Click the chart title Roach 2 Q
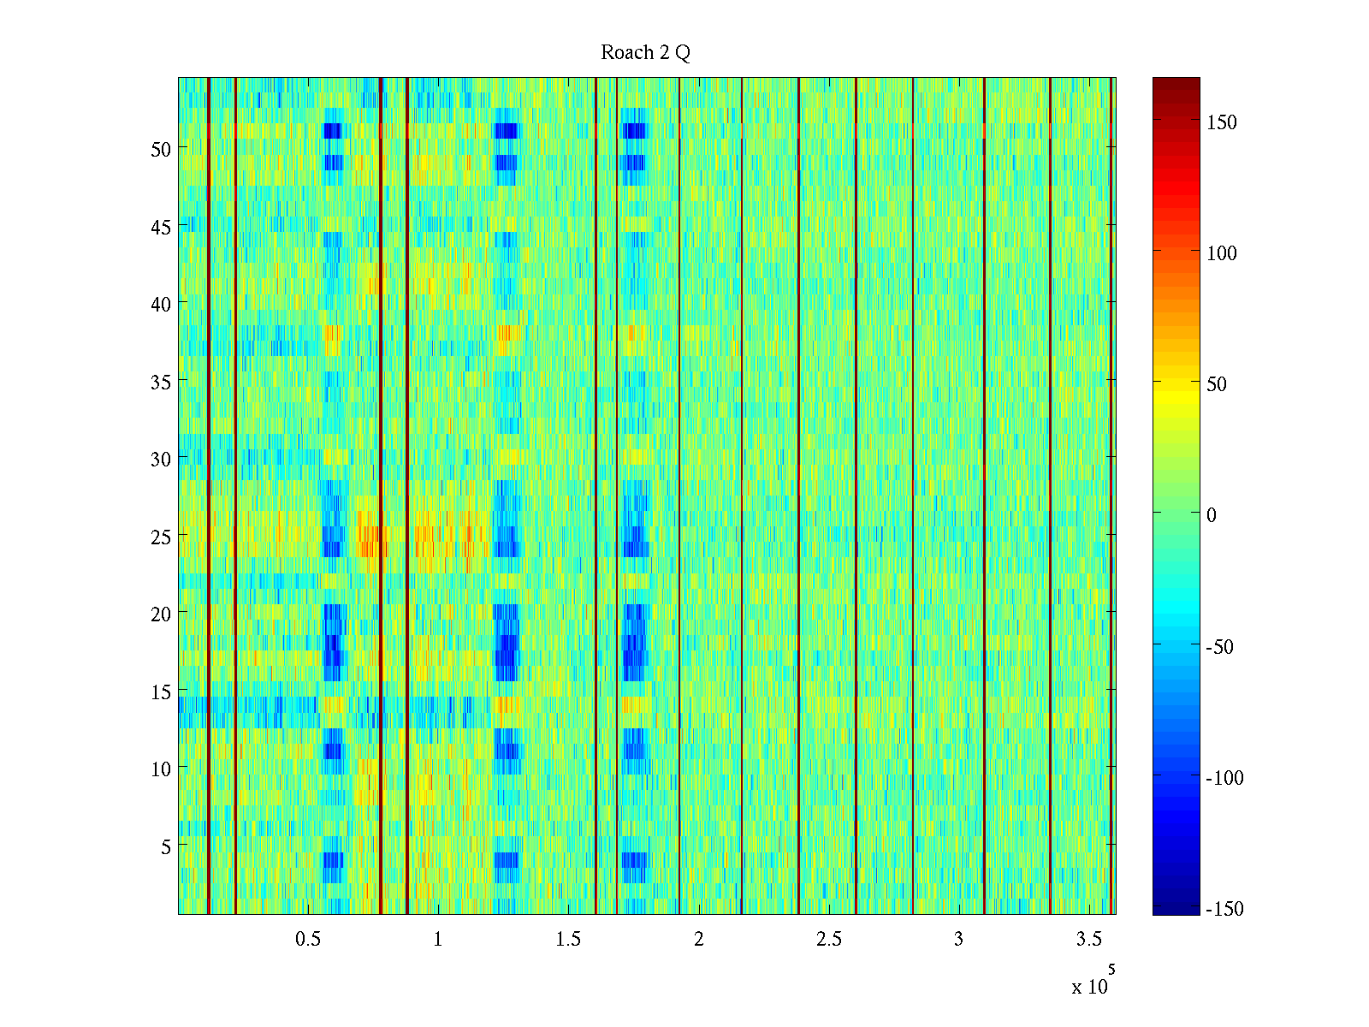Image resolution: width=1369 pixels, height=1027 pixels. click(645, 53)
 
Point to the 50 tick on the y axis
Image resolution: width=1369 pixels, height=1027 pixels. click(160, 149)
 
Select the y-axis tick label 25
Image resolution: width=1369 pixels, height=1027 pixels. click(160, 537)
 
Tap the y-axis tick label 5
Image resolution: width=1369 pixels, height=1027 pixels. click(165, 846)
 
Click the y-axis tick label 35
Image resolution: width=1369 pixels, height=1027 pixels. click(160, 382)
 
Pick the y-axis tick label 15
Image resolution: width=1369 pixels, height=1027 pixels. click(160, 692)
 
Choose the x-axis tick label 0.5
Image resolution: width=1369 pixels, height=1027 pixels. click(308, 939)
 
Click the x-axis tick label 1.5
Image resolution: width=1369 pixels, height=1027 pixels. click(568, 939)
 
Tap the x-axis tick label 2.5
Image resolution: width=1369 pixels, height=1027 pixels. click(828, 939)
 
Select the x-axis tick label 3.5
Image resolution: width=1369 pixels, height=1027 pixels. click(1088, 939)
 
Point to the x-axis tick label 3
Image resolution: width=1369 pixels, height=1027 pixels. click(958, 939)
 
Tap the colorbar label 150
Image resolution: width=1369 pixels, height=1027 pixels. click(1221, 122)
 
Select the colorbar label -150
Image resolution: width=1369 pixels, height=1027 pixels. click(1224, 909)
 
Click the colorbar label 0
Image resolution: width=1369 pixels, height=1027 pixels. click(1211, 515)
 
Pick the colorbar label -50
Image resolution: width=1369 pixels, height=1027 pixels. click(1219, 647)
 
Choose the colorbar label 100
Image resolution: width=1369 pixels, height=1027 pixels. click(1221, 253)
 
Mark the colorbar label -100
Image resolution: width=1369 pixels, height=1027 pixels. click(1224, 778)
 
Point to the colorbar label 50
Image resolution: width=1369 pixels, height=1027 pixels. click(1216, 384)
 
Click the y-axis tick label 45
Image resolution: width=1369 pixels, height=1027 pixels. click(160, 227)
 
